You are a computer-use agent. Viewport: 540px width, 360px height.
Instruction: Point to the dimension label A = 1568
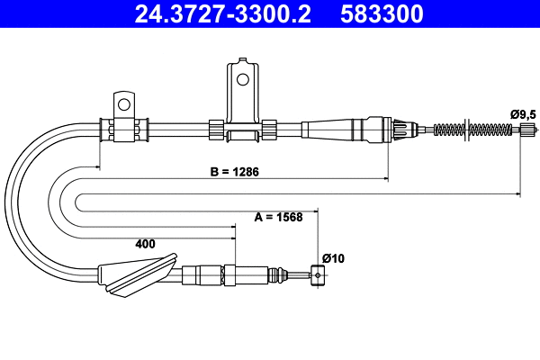[x=278, y=216]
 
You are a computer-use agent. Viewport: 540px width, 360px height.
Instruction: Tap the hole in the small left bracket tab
[x=123, y=100]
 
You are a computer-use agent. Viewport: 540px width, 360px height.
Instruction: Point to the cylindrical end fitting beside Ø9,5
[x=528, y=131]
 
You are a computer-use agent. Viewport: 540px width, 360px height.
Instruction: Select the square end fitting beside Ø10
[x=316, y=274]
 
